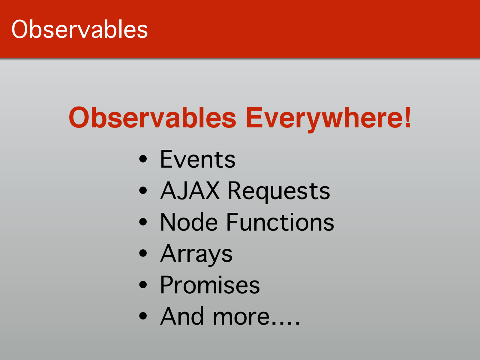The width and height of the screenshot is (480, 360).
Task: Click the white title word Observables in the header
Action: (x=79, y=29)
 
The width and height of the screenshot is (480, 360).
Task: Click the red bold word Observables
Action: (x=152, y=118)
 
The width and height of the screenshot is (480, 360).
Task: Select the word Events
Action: (x=198, y=159)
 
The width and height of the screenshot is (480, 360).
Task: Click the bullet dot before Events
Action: (x=143, y=159)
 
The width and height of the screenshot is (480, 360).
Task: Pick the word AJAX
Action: (x=190, y=190)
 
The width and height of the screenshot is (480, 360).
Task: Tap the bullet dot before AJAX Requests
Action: (x=143, y=190)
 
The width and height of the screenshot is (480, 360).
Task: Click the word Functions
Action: (x=280, y=222)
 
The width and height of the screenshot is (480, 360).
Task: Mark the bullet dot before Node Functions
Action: (x=143, y=222)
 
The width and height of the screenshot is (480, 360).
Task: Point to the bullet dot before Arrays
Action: (x=143, y=253)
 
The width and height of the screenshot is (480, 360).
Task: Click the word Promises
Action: (x=210, y=285)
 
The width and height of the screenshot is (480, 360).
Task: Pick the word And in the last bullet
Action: (x=182, y=316)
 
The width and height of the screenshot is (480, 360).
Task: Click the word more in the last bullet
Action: (x=241, y=318)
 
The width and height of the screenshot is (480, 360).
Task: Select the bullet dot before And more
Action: (x=143, y=316)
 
